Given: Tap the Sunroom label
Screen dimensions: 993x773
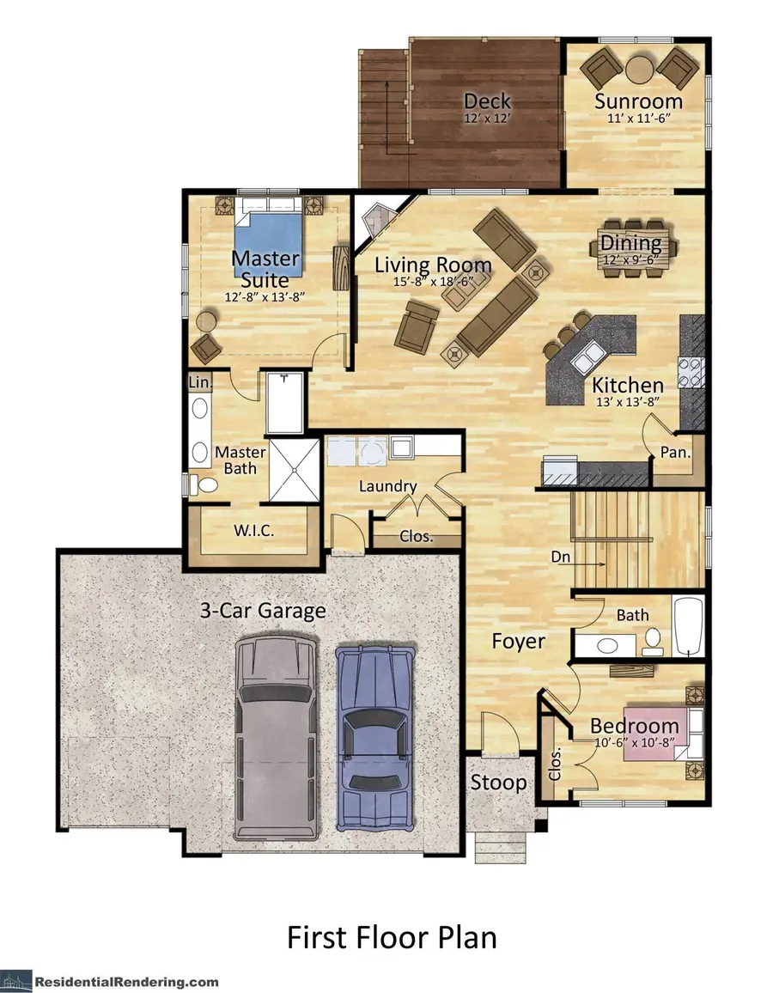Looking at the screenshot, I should (x=638, y=101).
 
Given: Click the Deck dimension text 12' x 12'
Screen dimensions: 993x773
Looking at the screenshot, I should (x=488, y=119).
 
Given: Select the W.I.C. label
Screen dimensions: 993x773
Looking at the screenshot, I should (x=253, y=531).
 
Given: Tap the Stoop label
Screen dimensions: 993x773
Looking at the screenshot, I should (x=497, y=783).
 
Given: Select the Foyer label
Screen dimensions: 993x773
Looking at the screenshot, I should (x=518, y=641).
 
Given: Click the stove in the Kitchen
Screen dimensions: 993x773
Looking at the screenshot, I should (x=692, y=374).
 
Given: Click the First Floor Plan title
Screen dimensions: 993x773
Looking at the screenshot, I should (x=391, y=936).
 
